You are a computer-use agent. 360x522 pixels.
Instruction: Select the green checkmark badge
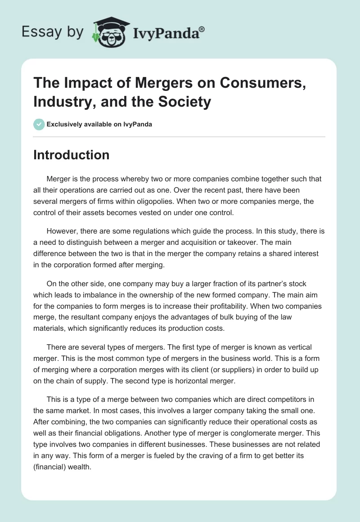pos(39,124)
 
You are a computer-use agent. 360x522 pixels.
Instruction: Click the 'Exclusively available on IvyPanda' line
pos(99,125)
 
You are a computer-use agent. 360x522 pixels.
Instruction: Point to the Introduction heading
pos(72,155)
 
